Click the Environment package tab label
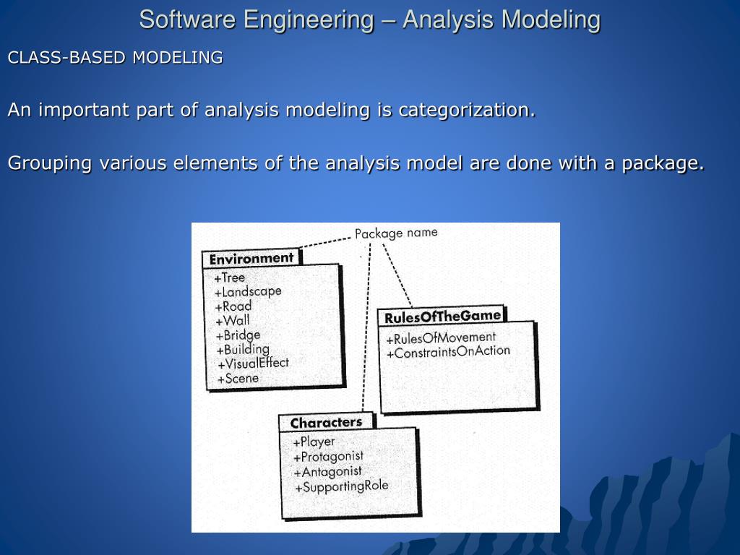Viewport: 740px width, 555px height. pos(251,258)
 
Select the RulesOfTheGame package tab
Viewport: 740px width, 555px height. pos(442,317)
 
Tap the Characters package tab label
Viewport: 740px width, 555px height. pos(326,422)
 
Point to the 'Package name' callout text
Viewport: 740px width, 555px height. pos(396,233)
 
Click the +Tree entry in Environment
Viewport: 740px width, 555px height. pos(230,277)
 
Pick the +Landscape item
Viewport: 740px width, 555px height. pos(248,292)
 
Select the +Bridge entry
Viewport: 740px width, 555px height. pos(238,335)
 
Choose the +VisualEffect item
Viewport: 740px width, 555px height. pos(253,363)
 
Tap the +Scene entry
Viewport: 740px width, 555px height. pos(238,378)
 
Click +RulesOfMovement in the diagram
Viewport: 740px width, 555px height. pos(441,337)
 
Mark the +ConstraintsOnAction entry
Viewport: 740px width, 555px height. pos(448,352)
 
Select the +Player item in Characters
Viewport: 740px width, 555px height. pos(314,442)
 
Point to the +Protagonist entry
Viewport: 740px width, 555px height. pos(328,457)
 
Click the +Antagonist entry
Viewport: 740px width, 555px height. pos(327,472)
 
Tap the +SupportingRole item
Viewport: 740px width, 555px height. pos(341,486)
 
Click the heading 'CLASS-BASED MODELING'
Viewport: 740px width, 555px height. pos(115,58)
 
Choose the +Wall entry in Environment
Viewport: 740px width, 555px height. pos(233,321)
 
